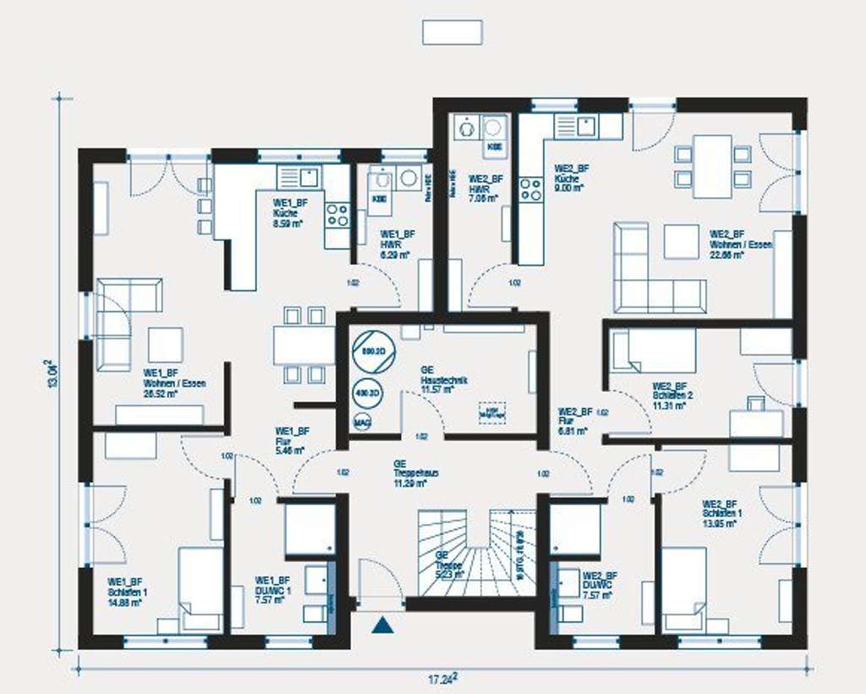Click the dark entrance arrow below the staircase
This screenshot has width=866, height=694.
click(x=383, y=625)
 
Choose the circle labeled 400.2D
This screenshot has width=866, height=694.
click(x=367, y=394)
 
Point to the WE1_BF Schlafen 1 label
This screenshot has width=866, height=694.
click(x=126, y=592)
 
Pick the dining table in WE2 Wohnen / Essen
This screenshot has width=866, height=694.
click(x=712, y=166)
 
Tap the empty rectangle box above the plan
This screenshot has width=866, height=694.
click(x=452, y=32)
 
